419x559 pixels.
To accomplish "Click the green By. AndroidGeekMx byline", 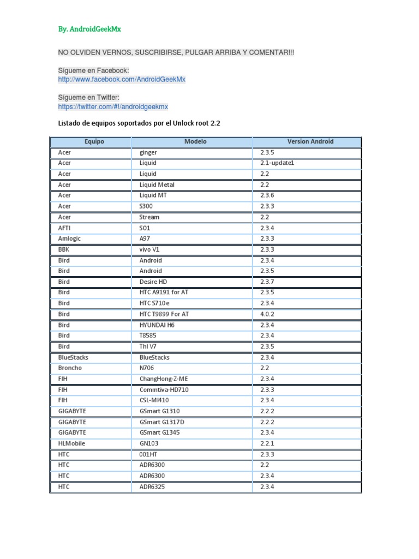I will click(x=89, y=28).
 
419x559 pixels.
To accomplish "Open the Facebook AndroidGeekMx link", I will click(x=122, y=79).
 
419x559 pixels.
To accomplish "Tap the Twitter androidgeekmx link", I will click(x=113, y=106).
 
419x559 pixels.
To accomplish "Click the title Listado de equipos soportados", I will click(x=139, y=123).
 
